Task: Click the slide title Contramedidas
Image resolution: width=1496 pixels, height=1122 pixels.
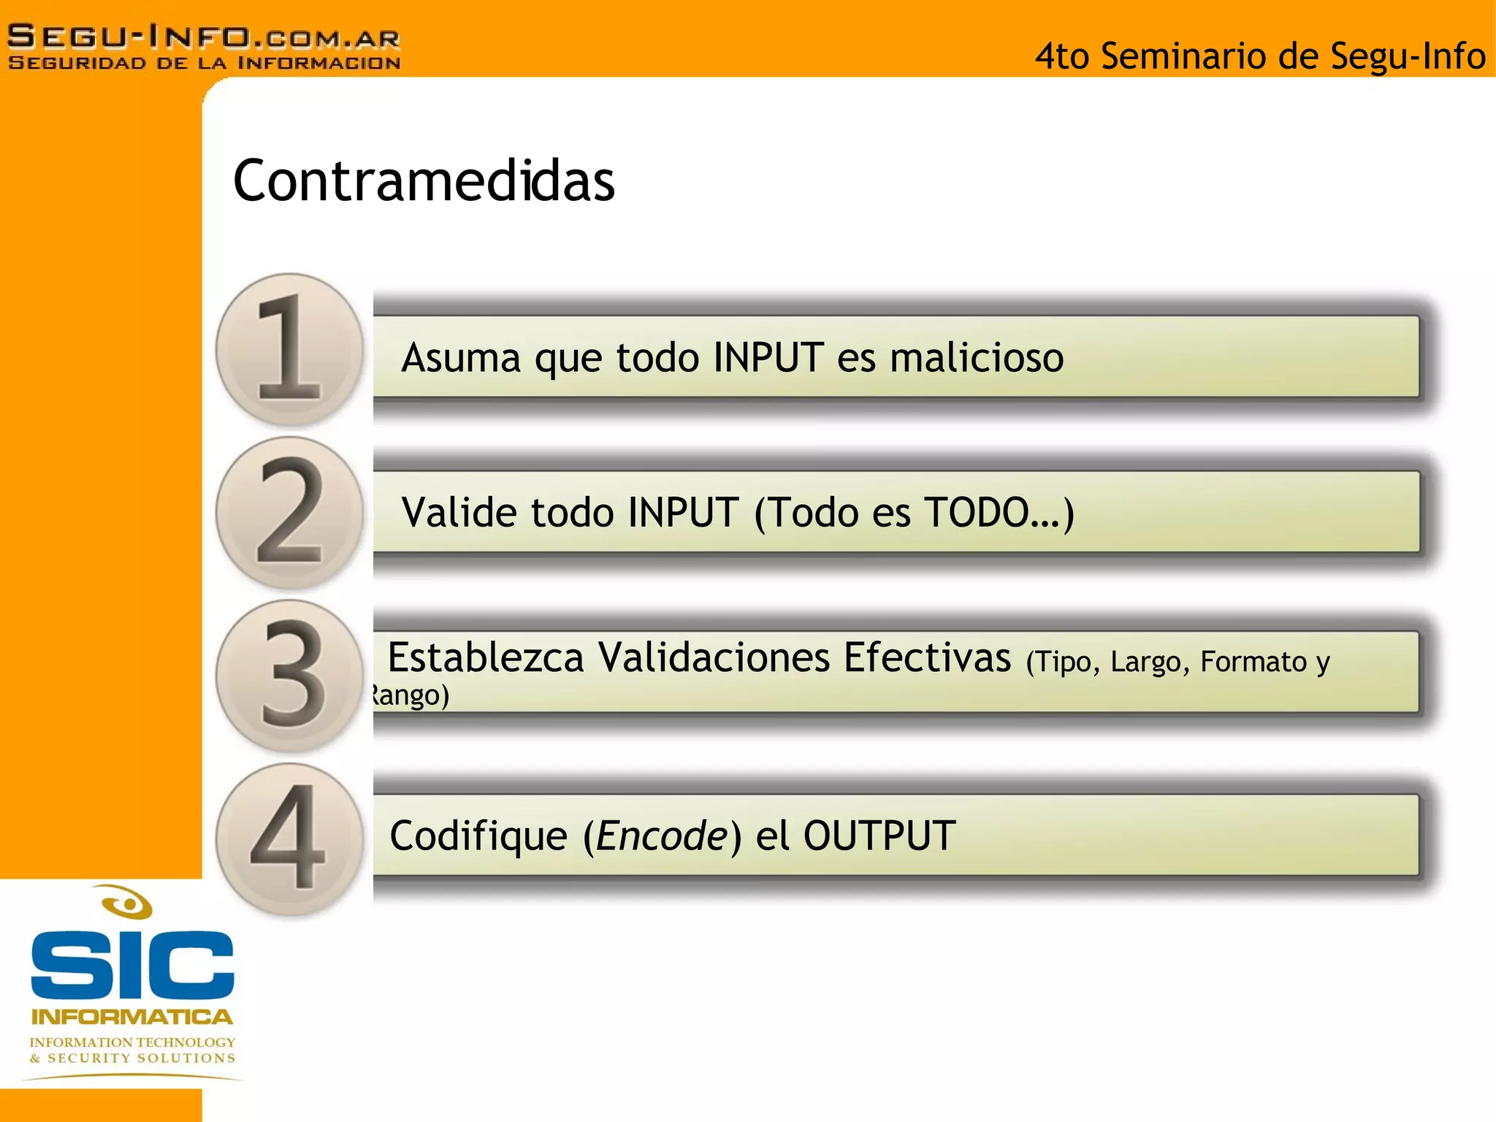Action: pos(424,180)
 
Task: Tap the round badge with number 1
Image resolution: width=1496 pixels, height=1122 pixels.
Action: pos(290,349)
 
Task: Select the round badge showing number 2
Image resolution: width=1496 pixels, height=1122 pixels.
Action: pos(290,512)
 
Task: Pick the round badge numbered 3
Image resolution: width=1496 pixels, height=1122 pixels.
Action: pos(290,675)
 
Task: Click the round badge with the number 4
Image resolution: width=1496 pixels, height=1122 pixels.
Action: pos(290,839)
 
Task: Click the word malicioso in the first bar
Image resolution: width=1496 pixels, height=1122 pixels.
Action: pos(977,358)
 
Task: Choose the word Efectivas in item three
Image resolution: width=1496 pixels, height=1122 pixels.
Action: pos(927,657)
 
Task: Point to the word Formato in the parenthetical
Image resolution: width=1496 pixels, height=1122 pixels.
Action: pos(1253,662)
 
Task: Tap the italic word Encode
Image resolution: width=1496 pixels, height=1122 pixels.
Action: pos(662,836)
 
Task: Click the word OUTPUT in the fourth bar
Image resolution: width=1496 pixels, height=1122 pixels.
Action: pos(879,836)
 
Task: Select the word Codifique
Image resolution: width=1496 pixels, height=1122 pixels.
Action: pos(478,836)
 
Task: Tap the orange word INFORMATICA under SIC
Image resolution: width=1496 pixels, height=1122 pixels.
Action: pos(132,1017)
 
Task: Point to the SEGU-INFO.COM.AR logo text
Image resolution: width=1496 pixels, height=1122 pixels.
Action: pos(204,37)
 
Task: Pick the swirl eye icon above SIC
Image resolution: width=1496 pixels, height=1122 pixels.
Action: pos(127,903)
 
